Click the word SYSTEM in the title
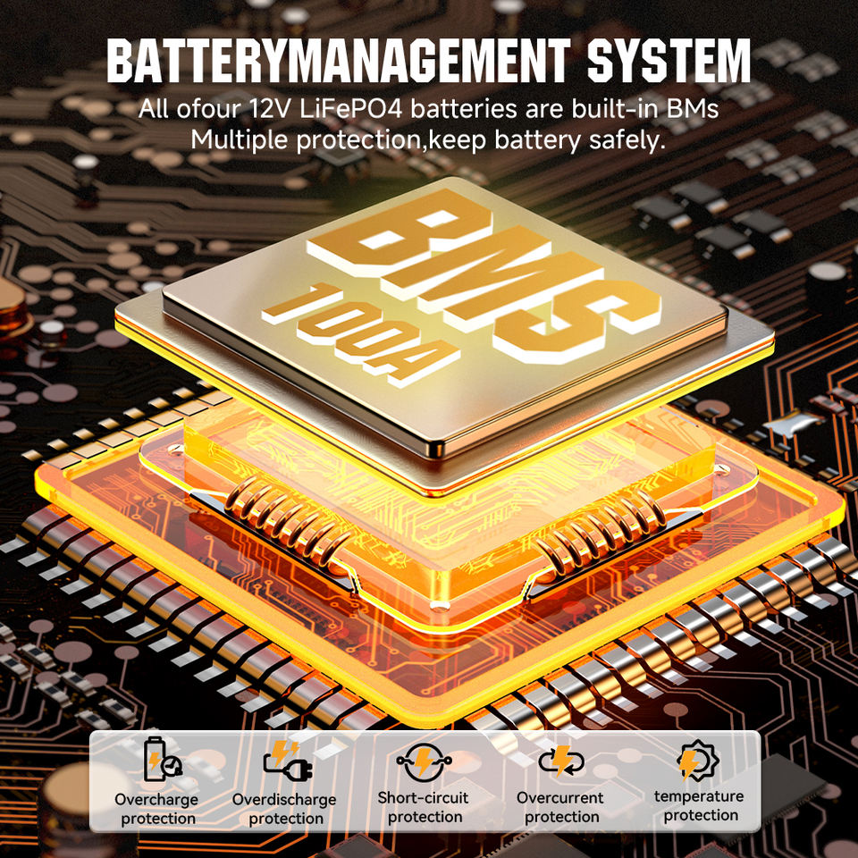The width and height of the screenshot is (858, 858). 669,60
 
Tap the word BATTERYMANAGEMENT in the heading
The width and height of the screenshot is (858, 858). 338,60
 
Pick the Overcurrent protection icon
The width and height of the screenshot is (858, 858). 561,761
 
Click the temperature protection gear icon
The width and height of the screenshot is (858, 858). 698,761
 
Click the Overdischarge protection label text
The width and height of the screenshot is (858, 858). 285,809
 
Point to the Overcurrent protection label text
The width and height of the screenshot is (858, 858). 561,807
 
